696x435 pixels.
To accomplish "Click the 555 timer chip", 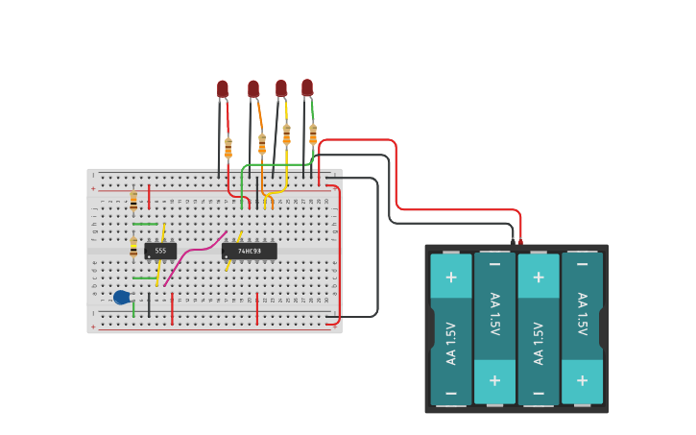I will point(160,251).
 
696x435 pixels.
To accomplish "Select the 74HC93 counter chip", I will point(249,251).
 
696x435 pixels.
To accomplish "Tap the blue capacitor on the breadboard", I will point(121,298).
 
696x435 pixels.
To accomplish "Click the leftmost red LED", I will point(223,89).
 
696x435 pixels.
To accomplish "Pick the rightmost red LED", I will point(307,87).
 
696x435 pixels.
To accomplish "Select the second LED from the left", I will point(253,89).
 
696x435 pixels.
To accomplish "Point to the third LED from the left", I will point(281,88).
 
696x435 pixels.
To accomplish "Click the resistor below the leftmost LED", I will point(228,148).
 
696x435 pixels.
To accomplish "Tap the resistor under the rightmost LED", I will point(313,133).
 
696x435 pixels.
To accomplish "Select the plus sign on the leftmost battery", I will point(451,278).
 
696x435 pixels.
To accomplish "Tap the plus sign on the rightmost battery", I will point(582,380).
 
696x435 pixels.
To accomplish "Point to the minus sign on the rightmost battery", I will point(582,264).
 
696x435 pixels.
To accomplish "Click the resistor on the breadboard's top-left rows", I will point(133,200).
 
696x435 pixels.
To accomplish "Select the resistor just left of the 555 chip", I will point(133,248).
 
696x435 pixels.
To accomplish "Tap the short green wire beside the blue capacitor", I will point(133,308).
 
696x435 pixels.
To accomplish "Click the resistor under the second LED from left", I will point(262,144).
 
